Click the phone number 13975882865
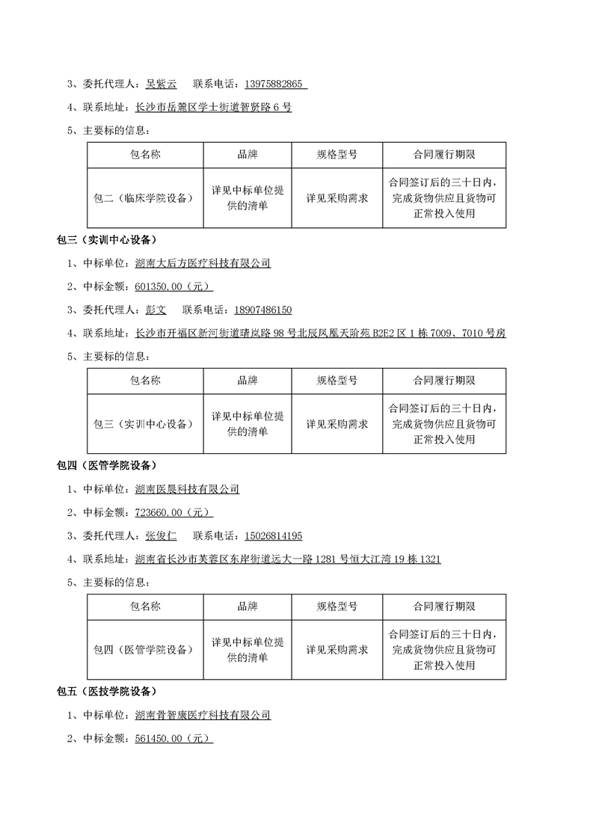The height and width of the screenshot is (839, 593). point(271,84)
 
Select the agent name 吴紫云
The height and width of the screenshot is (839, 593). point(162,84)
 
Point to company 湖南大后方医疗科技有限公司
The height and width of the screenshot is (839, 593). point(203,263)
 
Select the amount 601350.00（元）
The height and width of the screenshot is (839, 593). point(173,286)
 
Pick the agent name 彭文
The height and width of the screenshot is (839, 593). point(156,310)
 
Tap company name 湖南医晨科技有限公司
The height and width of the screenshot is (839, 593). point(187,489)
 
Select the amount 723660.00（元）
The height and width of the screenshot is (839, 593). point(173,512)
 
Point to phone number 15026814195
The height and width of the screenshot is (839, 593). point(271,535)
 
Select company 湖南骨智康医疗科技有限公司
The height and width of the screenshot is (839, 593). point(203,715)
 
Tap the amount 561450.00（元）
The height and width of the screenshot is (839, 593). point(173,738)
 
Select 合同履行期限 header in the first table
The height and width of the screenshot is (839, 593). point(444,155)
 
